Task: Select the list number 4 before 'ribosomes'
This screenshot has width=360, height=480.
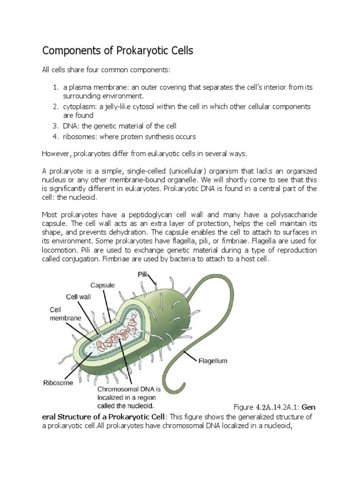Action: click(x=55, y=136)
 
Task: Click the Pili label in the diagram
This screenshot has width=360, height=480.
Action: click(x=143, y=273)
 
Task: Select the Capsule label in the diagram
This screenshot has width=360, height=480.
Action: click(x=103, y=285)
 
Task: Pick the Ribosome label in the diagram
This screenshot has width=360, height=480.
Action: click(x=58, y=382)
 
